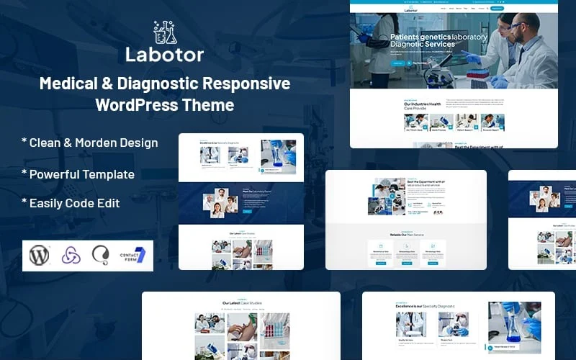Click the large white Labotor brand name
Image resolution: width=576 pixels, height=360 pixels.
pyautogui.click(x=164, y=54)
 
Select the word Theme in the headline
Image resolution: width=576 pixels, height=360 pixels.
pyautogui.click(x=209, y=105)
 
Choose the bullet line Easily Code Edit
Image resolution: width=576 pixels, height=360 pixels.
pyautogui.click(x=71, y=203)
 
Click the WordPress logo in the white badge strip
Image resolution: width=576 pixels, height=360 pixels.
pyautogui.click(x=38, y=255)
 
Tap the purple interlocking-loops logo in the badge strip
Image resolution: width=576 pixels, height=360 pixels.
pyautogui.click(x=70, y=255)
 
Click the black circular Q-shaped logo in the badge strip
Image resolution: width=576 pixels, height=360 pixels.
pyautogui.click(x=101, y=255)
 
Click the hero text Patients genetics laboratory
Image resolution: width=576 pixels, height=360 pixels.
pyautogui.click(x=438, y=37)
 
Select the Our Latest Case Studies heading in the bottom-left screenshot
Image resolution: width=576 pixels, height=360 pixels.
pyautogui.click(x=240, y=303)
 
